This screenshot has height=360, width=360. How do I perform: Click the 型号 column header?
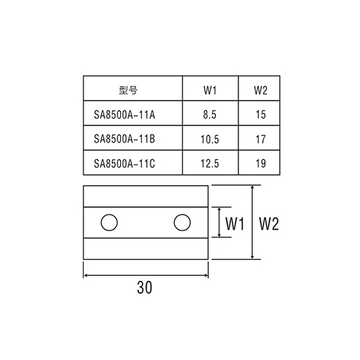click(128, 90)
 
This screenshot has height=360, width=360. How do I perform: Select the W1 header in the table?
click(210, 90)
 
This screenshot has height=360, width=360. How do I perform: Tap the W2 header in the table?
click(261, 90)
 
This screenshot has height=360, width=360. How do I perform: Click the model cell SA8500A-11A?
click(125, 114)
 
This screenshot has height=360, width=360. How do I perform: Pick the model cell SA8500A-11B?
click(125, 139)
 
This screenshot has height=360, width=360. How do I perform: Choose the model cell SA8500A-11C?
click(125, 163)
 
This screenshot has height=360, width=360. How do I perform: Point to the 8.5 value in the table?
click(210, 114)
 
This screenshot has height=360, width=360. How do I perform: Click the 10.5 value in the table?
click(210, 139)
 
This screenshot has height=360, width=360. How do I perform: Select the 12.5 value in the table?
click(210, 163)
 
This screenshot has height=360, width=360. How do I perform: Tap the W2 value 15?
click(261, 114)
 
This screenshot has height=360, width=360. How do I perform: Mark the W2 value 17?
click(261, 139)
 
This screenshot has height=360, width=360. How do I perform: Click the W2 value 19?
click(261, 163)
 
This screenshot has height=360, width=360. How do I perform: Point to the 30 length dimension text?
click(145, 287)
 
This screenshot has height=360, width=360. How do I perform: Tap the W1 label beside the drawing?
click(235, 224)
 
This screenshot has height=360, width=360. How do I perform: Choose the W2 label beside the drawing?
click(269, 224)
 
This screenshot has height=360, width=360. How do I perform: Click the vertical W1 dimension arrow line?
click(219, 222)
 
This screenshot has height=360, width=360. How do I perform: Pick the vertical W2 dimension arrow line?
click(252, 222)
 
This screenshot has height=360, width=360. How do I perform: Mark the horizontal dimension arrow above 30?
click(145, 276)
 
